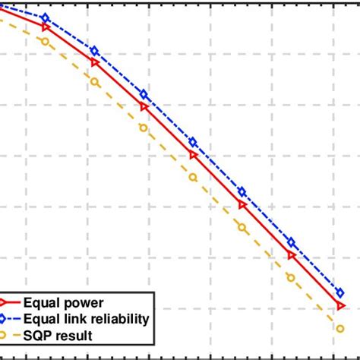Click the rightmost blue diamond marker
click(x=340, y=291)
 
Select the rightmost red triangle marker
click(x=340, y=305)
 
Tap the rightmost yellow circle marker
click(x=339, y=328)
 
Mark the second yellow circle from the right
click(x=291, y=278)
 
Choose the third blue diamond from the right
click(x=242, y=192)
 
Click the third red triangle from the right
click(x=242, y=205)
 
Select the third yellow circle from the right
click(x=242, y=227)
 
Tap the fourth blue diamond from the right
click(x=193, y=142)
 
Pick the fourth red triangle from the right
click(x=193, y=155)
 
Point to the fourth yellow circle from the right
click(x=193, y=177)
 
